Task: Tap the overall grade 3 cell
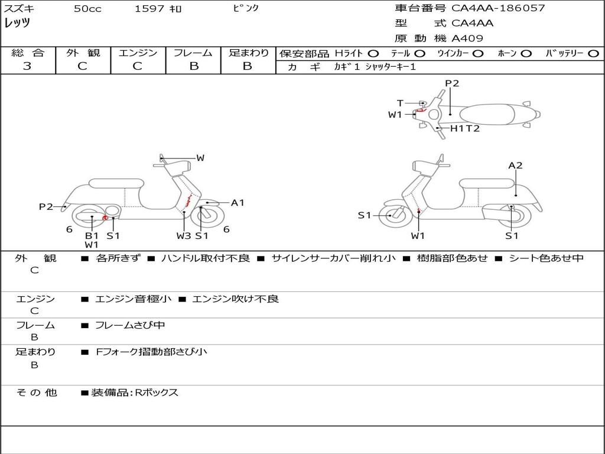[x=27, y=66]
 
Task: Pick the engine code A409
[x=467, y=38]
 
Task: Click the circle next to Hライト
[x=373, y=54]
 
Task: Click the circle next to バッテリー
[x=593, y=54]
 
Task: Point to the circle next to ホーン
[x=526, y=54]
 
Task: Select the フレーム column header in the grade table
[x=193, y=53]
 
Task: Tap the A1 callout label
[x=238, y=203]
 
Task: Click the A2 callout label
[x=515, y=166]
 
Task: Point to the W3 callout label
[x=184, y=236]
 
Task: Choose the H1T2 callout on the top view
[x=465, y=128]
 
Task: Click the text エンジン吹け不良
[x=235, y=299]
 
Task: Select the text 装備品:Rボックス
[x=134, y=393]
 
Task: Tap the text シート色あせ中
[x=546, y=258]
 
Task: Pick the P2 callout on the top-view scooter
[x=452, y=83]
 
